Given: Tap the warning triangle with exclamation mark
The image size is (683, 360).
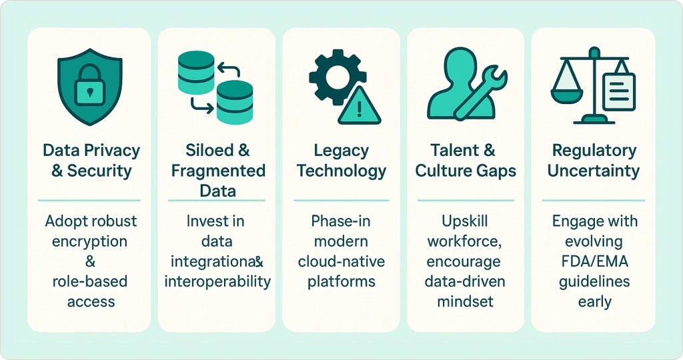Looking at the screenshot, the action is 359,105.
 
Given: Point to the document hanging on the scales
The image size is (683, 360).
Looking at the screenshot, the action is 619,91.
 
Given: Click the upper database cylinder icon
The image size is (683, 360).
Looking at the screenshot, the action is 196,72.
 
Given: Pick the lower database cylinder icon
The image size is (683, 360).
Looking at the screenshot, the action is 235,102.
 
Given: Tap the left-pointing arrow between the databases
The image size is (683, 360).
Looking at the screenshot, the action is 229,69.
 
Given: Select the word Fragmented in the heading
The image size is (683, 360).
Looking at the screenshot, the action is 218,170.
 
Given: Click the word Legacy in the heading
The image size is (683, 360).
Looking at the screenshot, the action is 341,151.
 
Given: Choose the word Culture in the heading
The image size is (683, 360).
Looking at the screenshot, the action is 444,171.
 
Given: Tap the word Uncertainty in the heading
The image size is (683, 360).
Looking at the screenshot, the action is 594,171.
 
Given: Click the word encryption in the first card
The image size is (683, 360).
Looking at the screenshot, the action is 90,241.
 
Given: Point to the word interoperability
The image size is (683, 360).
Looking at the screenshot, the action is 217,281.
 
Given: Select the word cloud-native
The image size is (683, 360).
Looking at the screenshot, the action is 341,261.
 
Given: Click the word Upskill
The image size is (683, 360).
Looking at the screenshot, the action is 465,221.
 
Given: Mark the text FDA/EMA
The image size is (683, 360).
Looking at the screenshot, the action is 594,261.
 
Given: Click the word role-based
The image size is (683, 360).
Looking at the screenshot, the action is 90,281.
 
